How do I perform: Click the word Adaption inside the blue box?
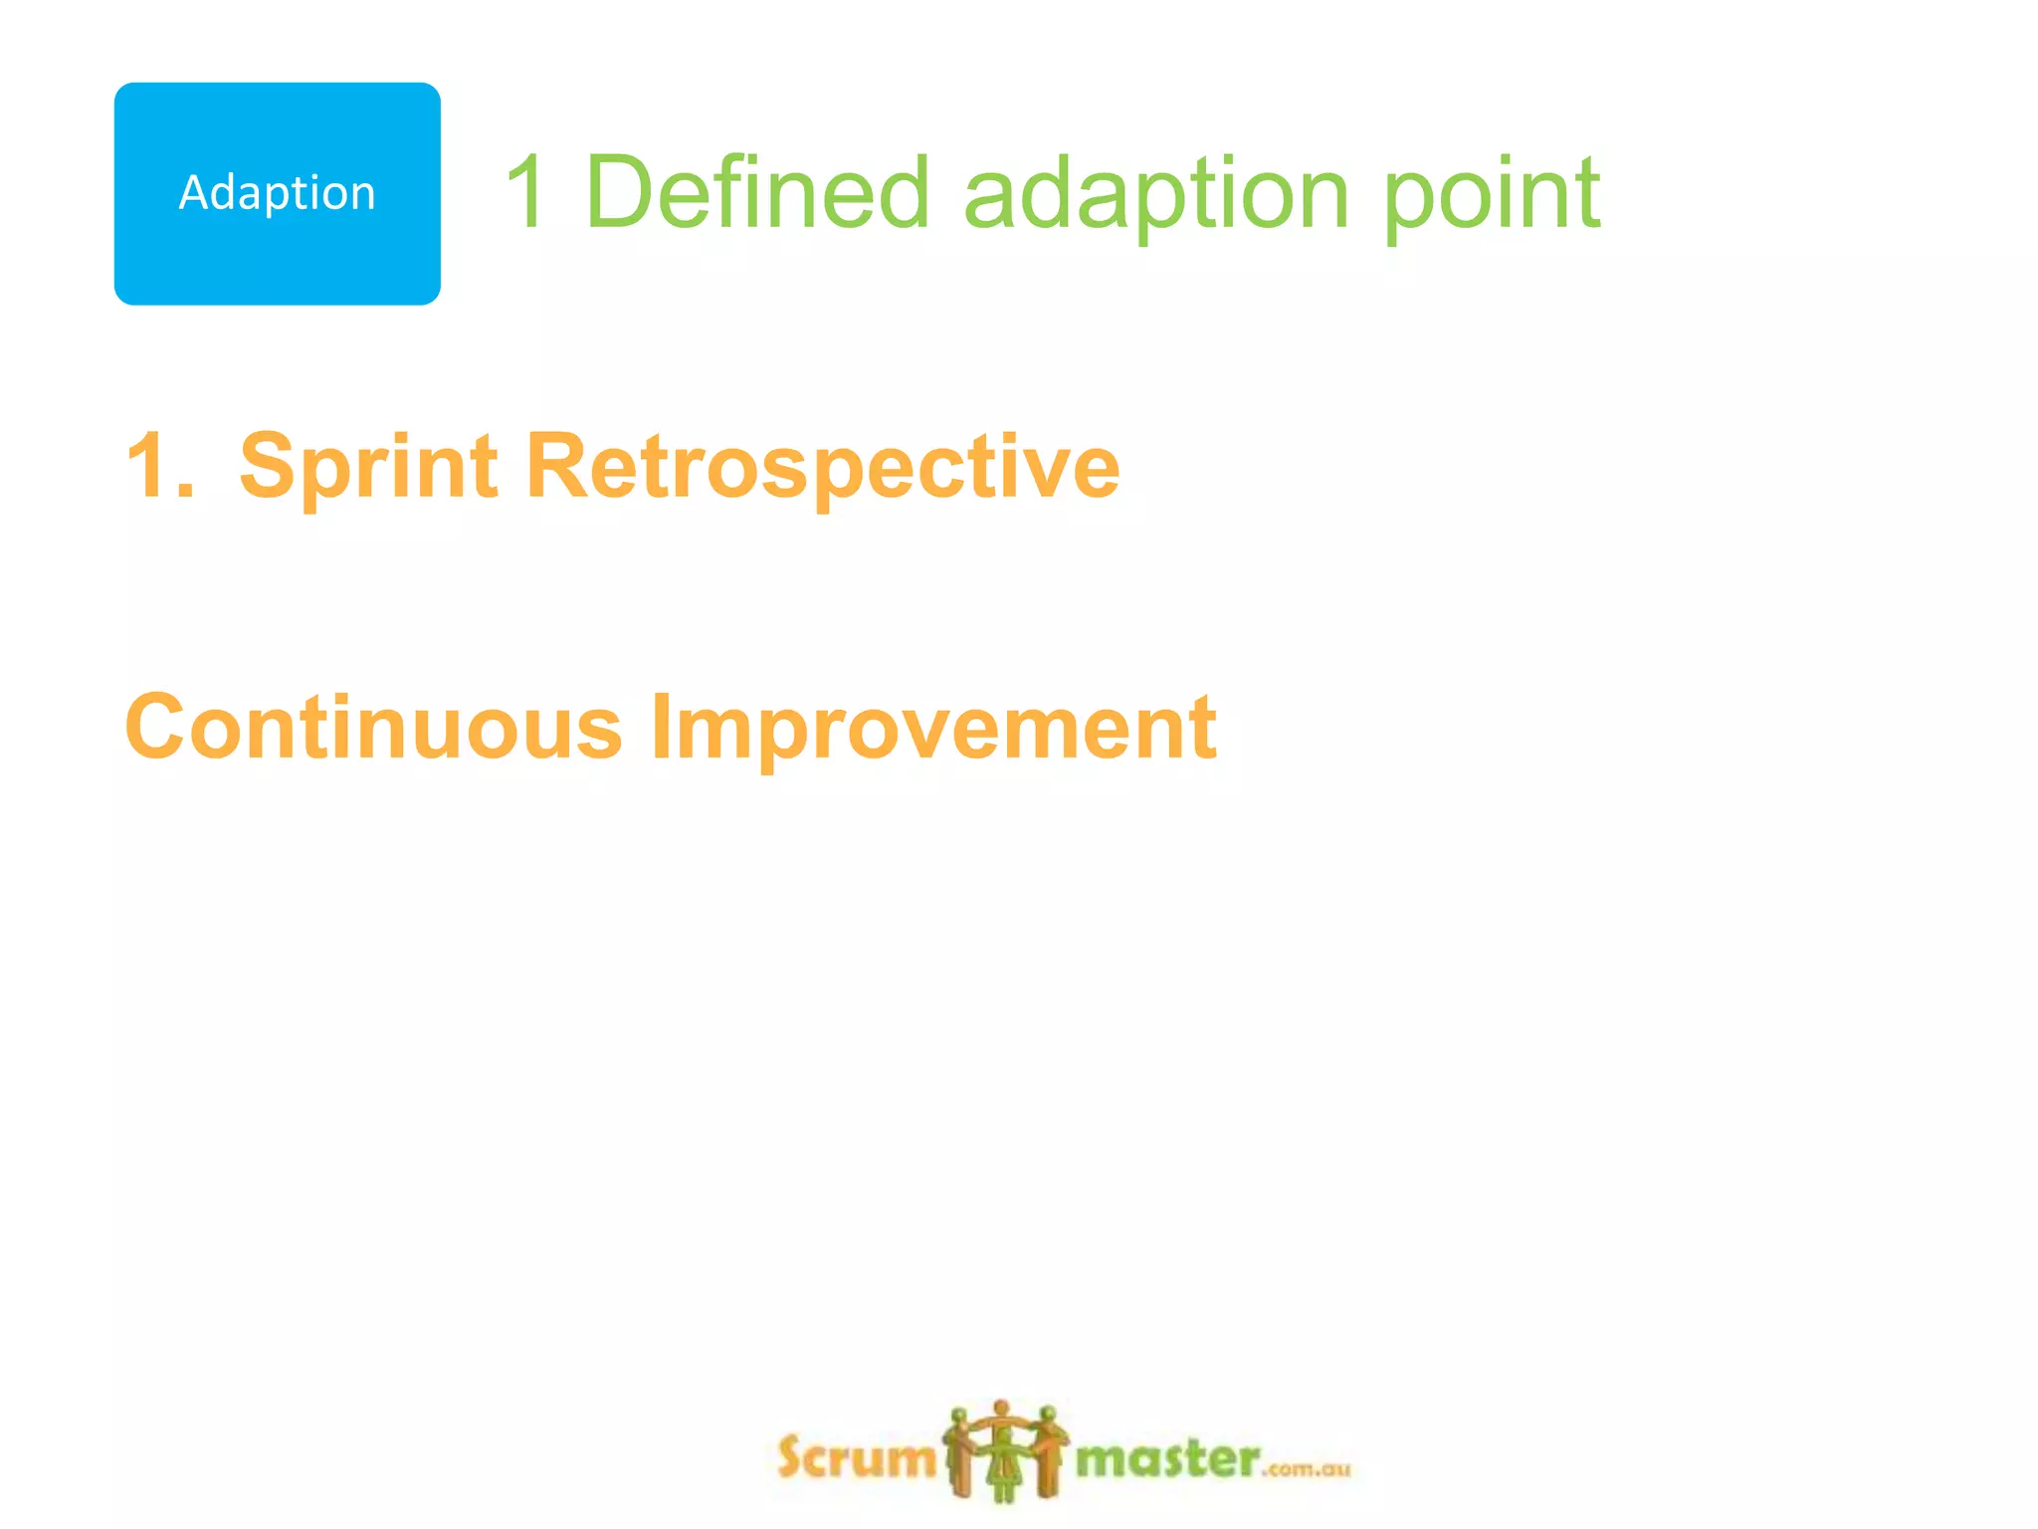277,193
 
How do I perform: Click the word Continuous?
373,727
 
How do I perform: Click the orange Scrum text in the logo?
856,1458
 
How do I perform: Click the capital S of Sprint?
271,465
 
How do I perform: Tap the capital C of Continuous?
160,727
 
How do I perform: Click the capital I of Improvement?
660,727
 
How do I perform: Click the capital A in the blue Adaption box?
192,193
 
